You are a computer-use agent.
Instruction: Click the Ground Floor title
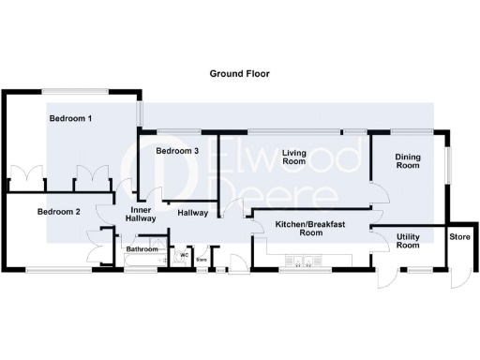point(239,72)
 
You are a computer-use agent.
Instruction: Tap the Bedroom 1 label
point(70,119)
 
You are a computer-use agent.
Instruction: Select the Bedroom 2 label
point(58,212)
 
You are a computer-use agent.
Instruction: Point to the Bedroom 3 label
point(177,151)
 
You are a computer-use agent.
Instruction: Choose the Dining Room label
point(407,160)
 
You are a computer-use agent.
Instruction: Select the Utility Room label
point(408,241)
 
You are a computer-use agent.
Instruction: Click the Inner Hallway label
point(140,214)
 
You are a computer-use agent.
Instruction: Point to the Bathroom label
point(142,249)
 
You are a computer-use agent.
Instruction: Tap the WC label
point(184,254)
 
